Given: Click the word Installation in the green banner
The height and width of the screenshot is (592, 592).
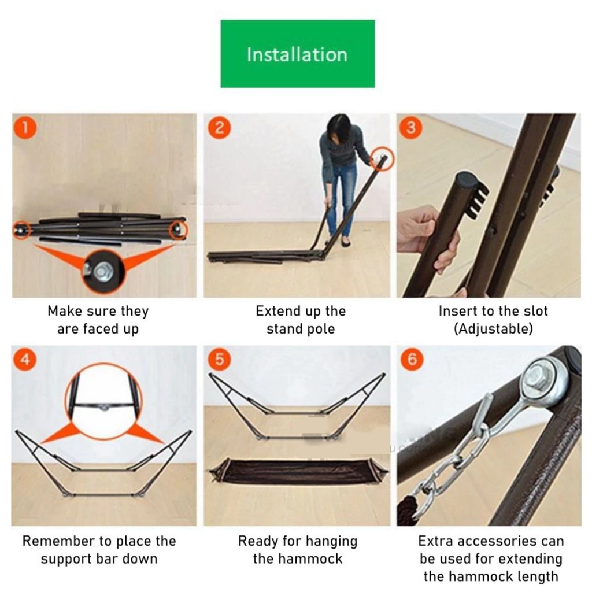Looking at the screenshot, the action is (x=297, y=55).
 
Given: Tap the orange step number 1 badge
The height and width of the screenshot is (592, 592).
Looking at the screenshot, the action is (x=25, y=128).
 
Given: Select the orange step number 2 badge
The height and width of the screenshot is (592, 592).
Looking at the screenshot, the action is (x=219, y=128).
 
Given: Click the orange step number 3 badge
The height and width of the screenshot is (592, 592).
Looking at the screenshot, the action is (x=411, y=128).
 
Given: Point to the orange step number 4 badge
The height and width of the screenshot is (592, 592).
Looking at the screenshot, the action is (x=25, y=359).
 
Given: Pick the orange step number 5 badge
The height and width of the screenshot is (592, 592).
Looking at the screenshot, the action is (x=219, y=359).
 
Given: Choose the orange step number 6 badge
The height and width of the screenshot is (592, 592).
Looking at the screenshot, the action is (x=412, y=359).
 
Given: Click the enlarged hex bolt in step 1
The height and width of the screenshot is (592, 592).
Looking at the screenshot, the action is (x=102, y=271).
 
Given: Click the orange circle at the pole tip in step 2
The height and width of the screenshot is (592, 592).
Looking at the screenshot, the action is (x=382, y=158).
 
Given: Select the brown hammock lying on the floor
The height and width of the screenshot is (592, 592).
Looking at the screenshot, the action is (x=299, y=471).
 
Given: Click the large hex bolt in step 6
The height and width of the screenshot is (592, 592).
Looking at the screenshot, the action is (x=536, y=378).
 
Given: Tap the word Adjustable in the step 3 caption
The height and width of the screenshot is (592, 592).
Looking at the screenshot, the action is (x=493, y=329).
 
